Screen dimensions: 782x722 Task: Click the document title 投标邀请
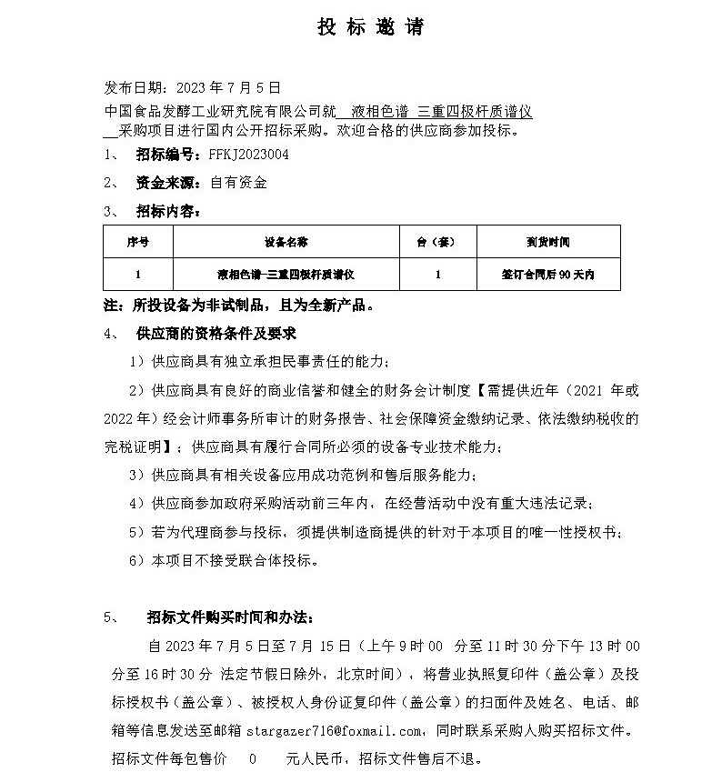coord(370,28)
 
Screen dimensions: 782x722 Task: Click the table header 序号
coord(137,243)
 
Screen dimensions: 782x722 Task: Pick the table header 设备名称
coord(286,243)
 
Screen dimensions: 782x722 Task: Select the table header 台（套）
coord(437,243)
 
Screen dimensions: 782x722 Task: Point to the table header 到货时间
coord(547,243)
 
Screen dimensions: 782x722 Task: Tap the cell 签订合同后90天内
coord(547,274)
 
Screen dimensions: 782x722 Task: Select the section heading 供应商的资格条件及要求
coord(216,334)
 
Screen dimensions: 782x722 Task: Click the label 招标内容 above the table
coord(166,212)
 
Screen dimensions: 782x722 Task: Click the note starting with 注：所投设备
coord(238,305)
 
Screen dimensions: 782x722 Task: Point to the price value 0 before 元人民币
coord(252,757)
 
